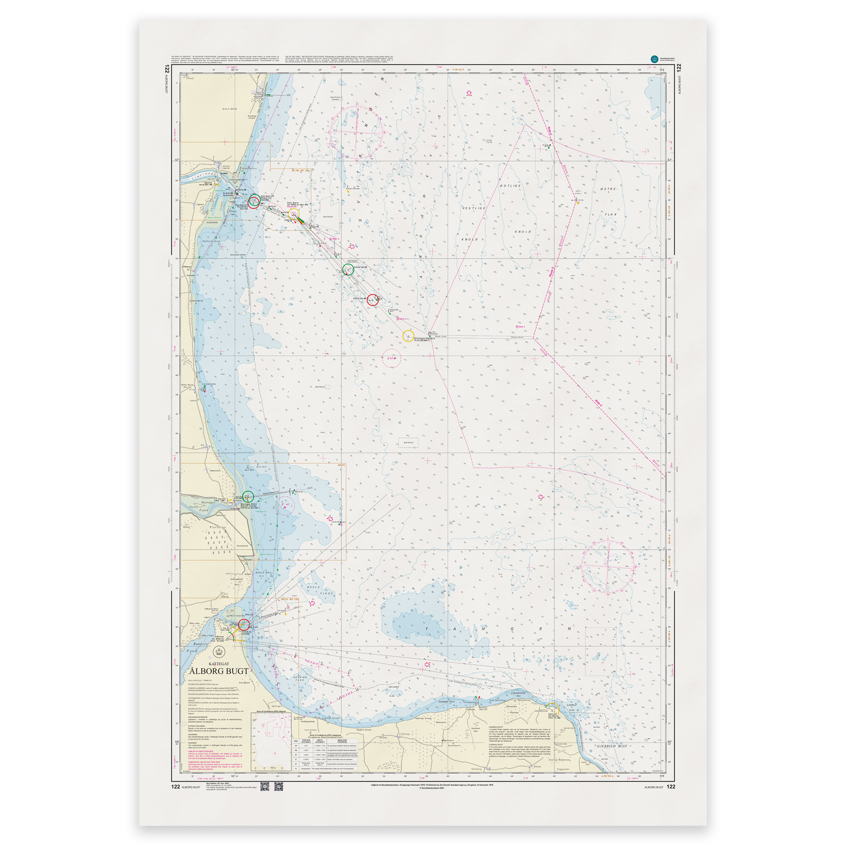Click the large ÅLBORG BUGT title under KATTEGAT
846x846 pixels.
click(219, 671)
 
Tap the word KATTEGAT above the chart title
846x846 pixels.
click(219, 664)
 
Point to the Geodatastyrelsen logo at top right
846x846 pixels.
click(654, 59)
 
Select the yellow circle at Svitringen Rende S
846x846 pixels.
click(408, 336)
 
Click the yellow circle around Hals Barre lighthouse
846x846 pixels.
click(293, 214)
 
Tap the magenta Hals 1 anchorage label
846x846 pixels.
click(520, 327)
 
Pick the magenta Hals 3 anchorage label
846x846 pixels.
click(334, 239)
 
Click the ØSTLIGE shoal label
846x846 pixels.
click(510, 185)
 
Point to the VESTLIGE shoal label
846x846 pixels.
click(474, 209)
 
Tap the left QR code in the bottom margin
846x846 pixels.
click(264, 787)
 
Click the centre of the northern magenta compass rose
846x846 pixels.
click(356, 132)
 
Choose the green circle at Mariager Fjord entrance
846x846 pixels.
click(248, 497)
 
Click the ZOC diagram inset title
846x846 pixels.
click(271, 712)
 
